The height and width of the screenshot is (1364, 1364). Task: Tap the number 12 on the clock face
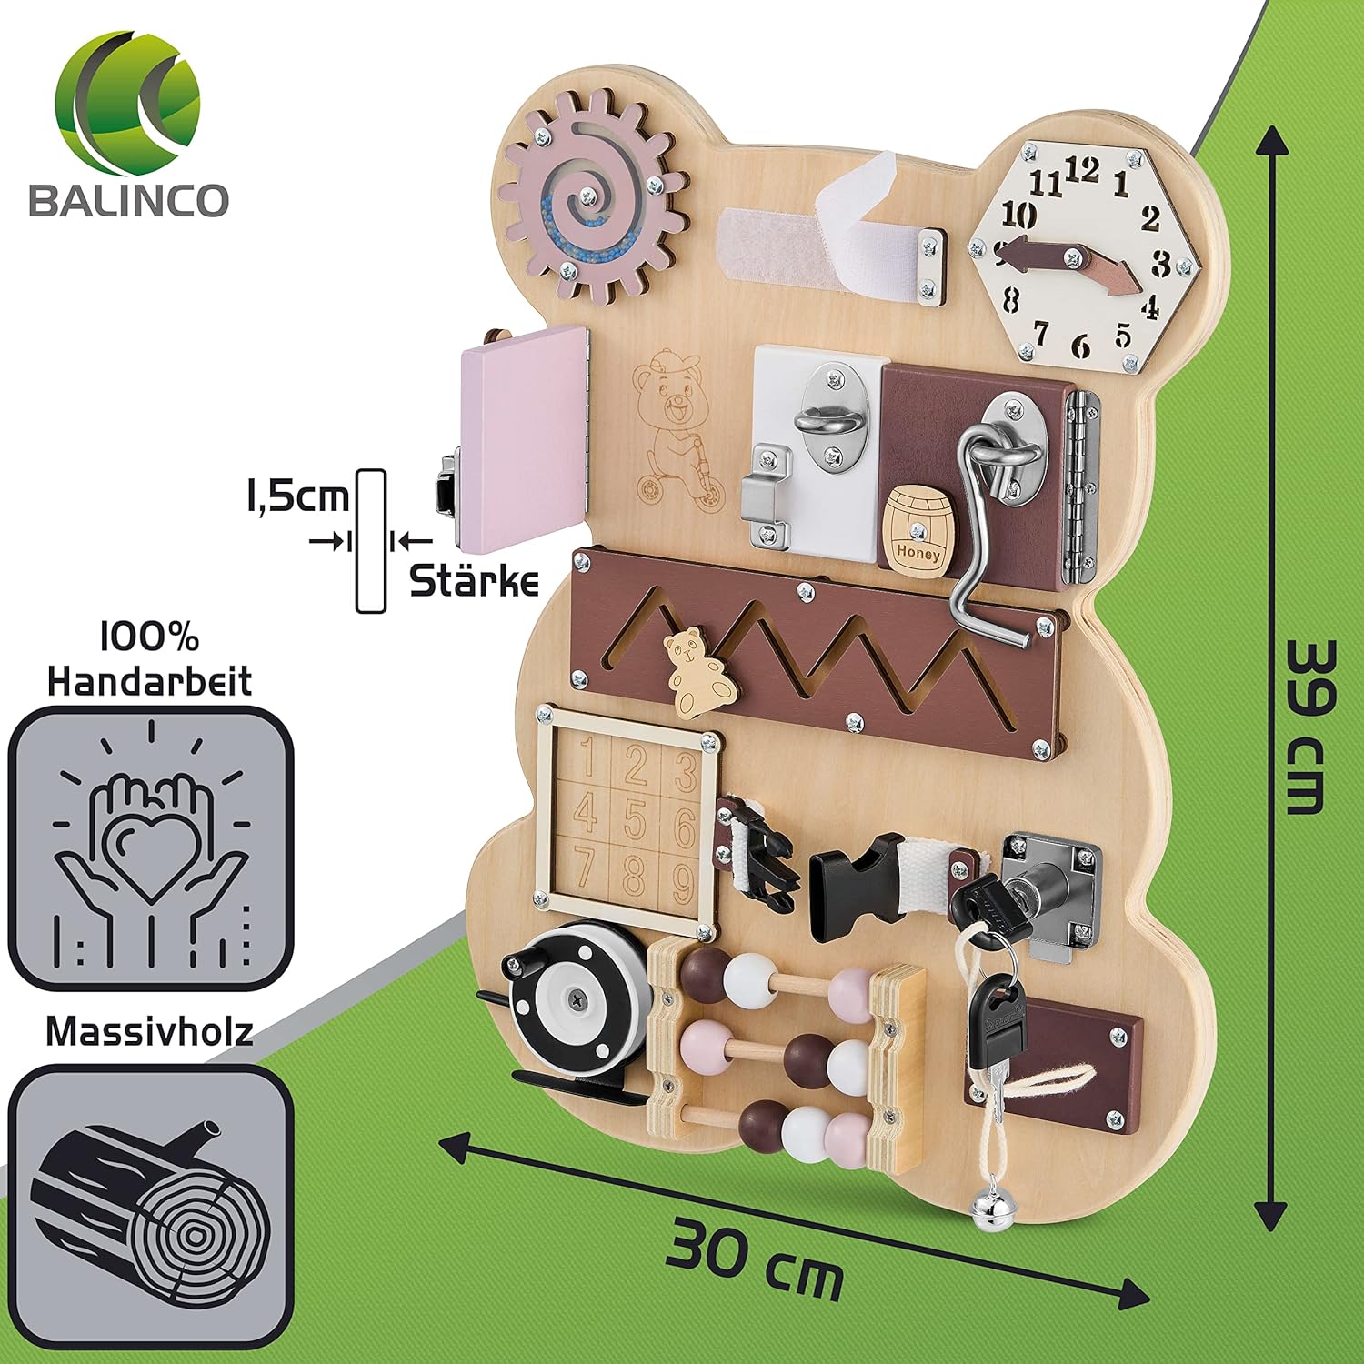(x=1082, y=170)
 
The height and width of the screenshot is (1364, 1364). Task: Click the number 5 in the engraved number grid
(x=634, y=816)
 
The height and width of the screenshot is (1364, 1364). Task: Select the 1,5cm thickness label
(x=296, y=496)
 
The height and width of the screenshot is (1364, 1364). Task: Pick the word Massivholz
(x=149, y=1031)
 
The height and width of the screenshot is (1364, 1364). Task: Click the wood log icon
(x=150, y=1200)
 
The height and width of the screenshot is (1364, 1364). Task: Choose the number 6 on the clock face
(x=1079, y=346)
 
